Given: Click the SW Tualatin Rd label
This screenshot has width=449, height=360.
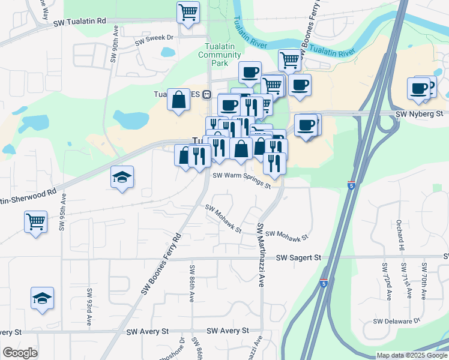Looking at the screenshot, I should pyautogui.click(x=79, y=22).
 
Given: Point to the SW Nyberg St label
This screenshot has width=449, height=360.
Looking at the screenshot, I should pyautogui.click(x=419, y=113).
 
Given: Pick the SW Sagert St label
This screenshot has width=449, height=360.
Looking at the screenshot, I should pyautogui.click(x=299, y=257).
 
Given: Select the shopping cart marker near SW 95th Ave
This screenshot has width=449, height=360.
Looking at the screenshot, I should pyautogui.click(x=35, y=221).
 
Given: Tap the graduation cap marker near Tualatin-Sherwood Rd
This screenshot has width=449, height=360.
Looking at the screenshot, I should pyautogui.click(x=122, y=177).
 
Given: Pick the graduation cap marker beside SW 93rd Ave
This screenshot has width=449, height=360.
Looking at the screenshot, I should pyautogui.click(x=43, y=298).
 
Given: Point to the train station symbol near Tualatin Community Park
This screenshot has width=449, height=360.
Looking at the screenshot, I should pyautogui.click(x=206, y=94).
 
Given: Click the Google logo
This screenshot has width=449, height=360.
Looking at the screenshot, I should pyautogui.click(x=20, y=353).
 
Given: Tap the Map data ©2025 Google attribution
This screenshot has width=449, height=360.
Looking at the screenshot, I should pyautogui.click(x=412, y=355).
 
